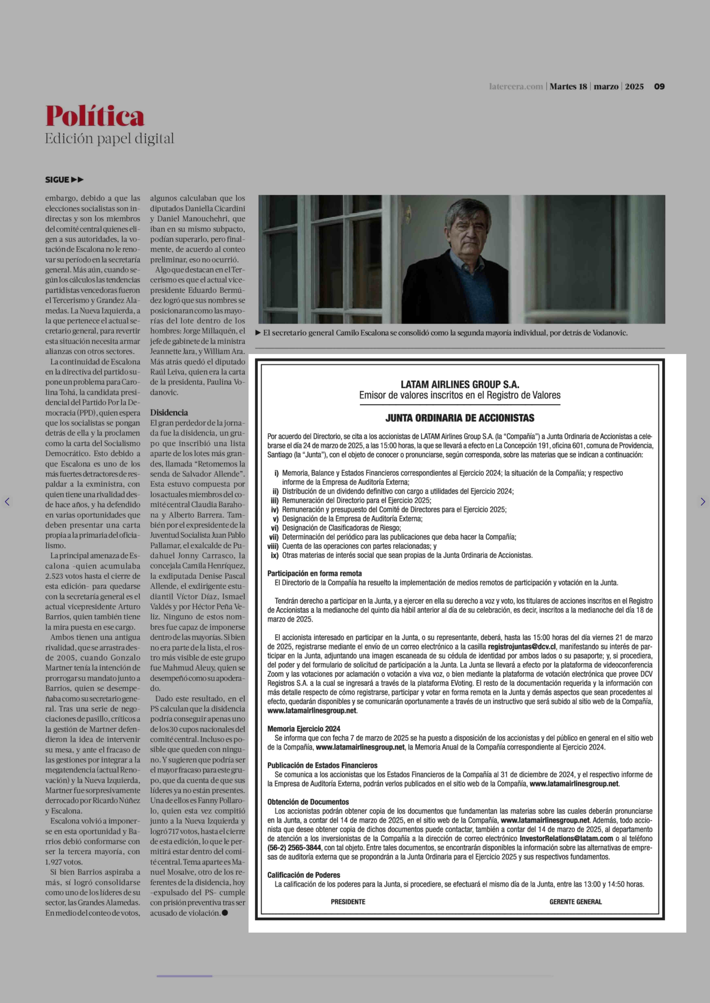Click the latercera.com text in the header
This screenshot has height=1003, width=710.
[x=516, y=87]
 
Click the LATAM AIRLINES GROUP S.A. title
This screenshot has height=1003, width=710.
[x=460, y=385]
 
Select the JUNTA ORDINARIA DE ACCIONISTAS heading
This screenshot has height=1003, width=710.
[x=460, y=418]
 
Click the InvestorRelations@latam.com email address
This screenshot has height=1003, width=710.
[x=566, y=838]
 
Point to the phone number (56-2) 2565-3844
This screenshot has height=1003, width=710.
[x=294, y=847]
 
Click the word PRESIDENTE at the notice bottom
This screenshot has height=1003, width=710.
[x=348, y=902]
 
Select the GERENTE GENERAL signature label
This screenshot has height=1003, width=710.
[x=575, y=902]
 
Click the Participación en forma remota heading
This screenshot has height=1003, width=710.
[x=314, y=573]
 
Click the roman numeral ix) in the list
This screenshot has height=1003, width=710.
[x=275, y=556]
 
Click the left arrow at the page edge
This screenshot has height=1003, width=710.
[x=7, y=502]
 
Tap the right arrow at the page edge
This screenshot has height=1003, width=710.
[x=703, y=502]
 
